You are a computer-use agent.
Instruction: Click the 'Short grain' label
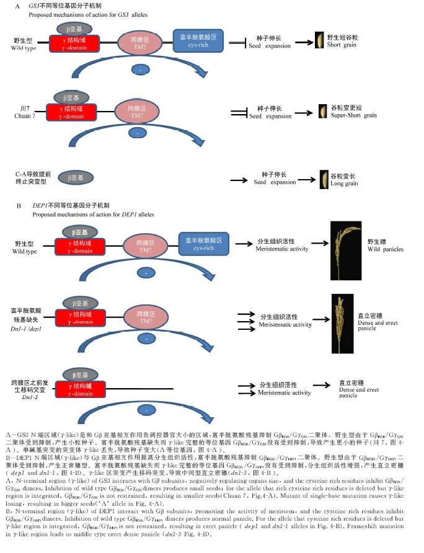pyautogui.click(x=342, y=45)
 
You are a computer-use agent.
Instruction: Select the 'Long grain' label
pyautogui.click(x=343, y=184)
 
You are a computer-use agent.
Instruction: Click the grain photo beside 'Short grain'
pyautogui.click(x=320, y=40)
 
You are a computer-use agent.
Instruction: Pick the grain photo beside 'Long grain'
pyautogui.click(x=322, y=179)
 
